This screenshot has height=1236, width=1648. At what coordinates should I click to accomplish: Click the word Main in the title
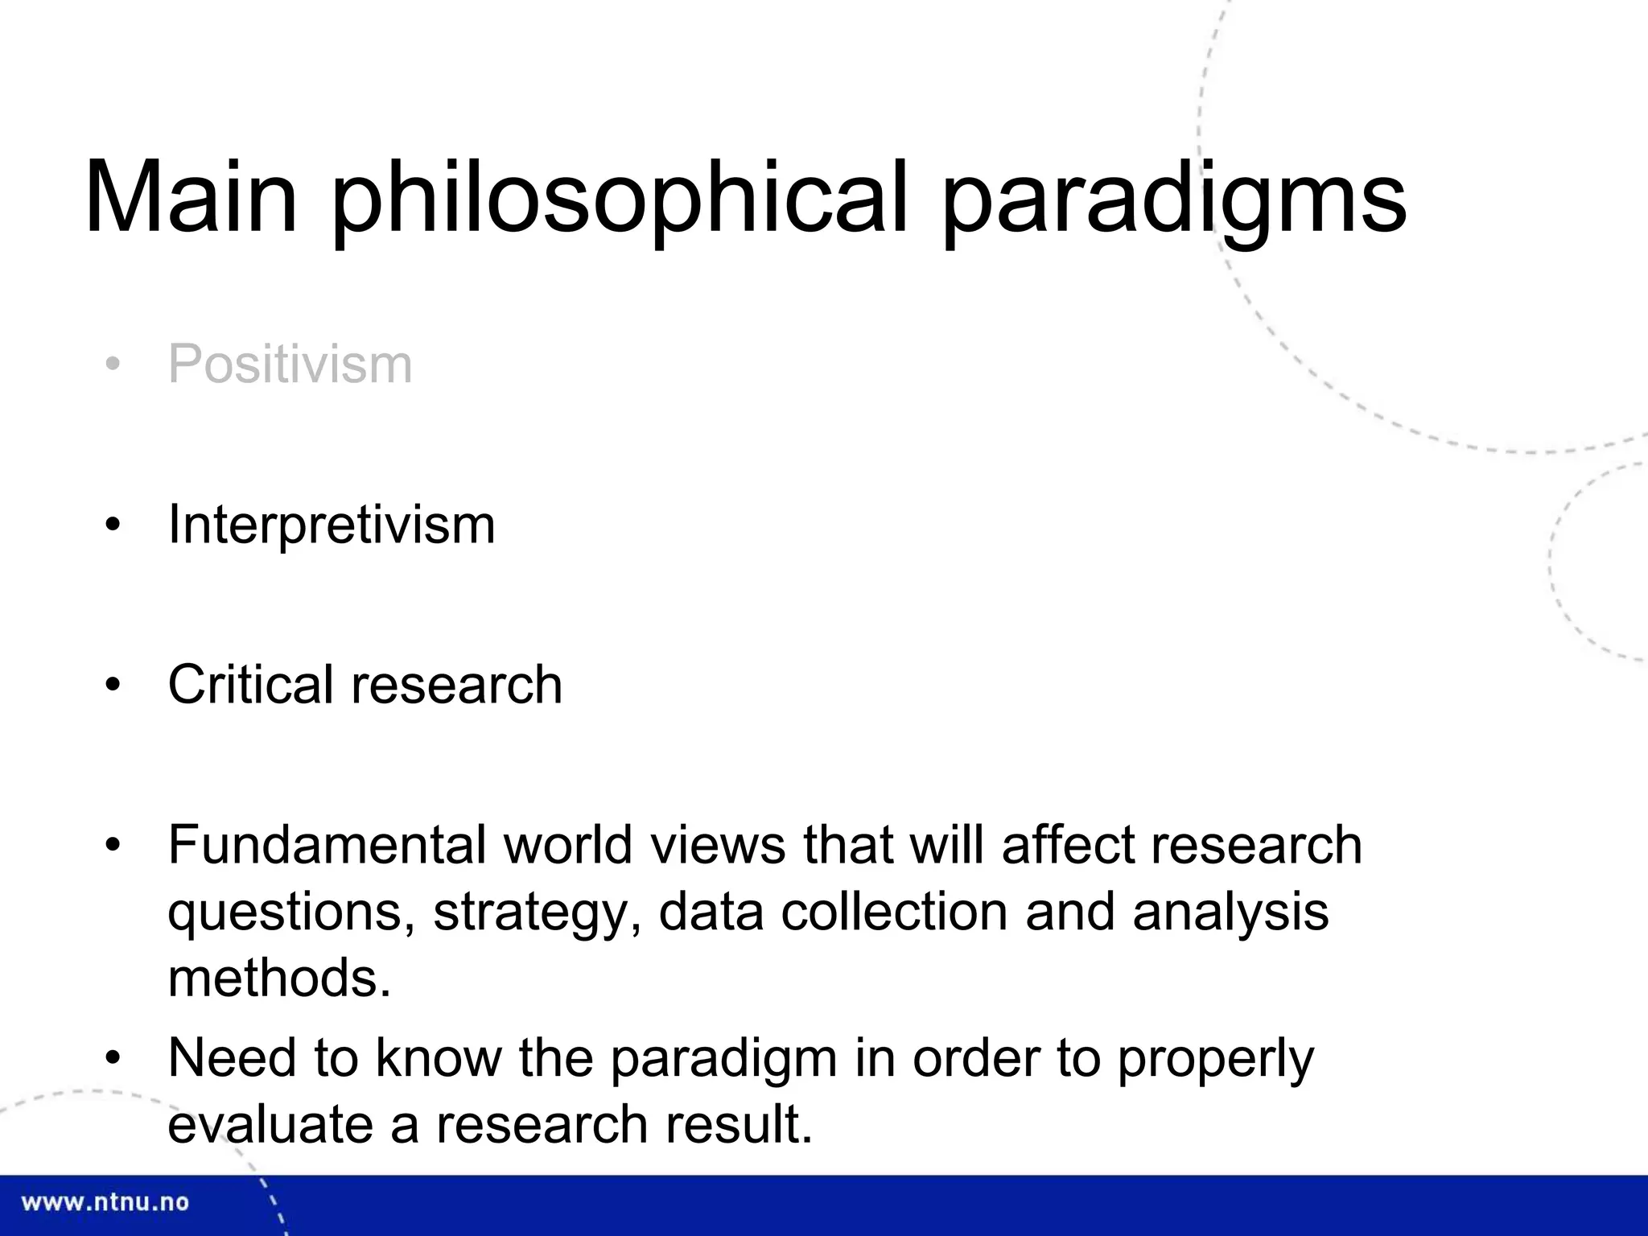(191, 197)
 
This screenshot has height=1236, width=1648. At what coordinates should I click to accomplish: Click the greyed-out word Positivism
(290, 365)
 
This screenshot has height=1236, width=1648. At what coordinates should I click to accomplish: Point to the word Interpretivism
(331, 525)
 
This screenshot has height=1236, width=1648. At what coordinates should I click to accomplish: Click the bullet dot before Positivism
(113, 365)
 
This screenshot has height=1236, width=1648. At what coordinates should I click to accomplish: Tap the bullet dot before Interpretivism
(113, 525)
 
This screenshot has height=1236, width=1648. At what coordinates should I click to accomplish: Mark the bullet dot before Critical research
(113, 686)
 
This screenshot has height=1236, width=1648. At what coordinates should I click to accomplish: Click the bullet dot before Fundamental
(113, 846)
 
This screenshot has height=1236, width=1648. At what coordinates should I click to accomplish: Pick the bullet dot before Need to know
(113, 1057)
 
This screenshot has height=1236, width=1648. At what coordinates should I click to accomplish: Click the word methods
(278, 978)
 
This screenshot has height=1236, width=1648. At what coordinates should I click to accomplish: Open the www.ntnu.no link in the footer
(105, 1203)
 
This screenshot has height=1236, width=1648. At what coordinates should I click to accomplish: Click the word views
(718, 845)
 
